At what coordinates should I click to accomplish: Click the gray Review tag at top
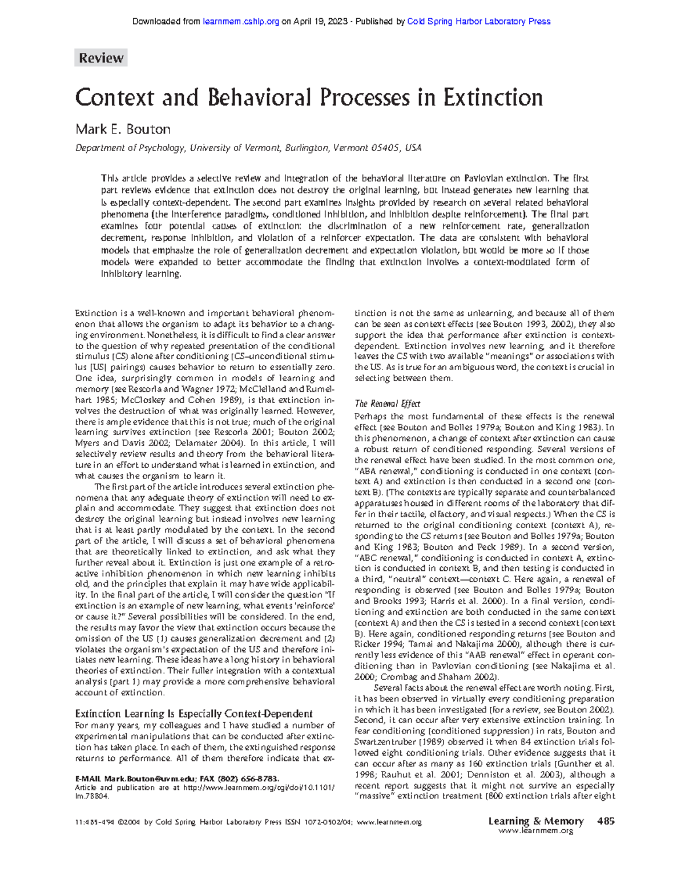(x=100, y=58)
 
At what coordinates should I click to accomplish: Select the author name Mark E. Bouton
(x=123, y=129)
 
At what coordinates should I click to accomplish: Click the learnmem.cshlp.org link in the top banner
(x=241, y=22)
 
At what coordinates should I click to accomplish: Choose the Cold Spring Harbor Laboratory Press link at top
(x=478, y=22)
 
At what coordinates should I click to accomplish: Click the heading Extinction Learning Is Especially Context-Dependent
(x=194, y=713)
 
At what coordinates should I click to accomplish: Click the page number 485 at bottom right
(x=606, y=821)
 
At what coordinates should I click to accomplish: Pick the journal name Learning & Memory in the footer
(x=535, y=821)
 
